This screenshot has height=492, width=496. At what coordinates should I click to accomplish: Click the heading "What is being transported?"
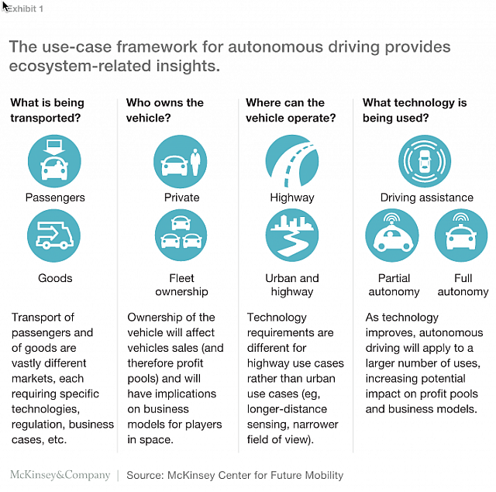[47, 110]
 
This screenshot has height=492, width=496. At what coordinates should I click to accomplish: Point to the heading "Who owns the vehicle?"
[165, 110]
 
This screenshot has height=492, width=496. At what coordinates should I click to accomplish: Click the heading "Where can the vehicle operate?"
[291, 110]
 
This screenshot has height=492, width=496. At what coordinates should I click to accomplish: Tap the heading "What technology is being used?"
[415, 110]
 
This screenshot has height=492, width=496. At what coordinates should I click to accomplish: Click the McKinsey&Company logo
[59, 475]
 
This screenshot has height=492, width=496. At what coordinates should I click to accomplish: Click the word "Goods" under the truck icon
[55, 278]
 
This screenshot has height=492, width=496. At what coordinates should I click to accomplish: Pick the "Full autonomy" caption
[463, 285]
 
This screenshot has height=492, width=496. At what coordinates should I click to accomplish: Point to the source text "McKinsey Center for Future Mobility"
[257, 475]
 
